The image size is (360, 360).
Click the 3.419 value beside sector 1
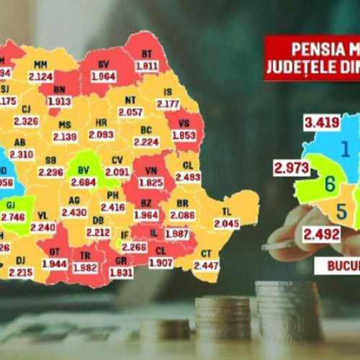coord(322,122)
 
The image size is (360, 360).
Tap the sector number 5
coord(342,211)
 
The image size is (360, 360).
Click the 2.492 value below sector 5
coord(321,233)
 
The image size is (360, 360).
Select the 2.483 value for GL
coord(187,176)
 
